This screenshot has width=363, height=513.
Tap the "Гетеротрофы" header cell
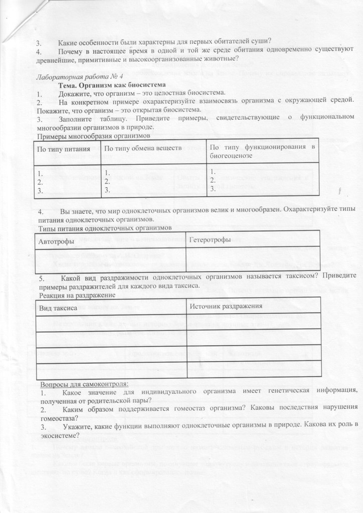tap(211, 239)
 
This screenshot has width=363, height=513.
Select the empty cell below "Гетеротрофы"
tap(253, 256)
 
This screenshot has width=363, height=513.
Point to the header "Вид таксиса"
tap(58, 307)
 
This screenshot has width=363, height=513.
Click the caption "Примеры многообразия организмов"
tap(94, 136)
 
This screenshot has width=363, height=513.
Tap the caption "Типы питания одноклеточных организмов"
tap(105, 227)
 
